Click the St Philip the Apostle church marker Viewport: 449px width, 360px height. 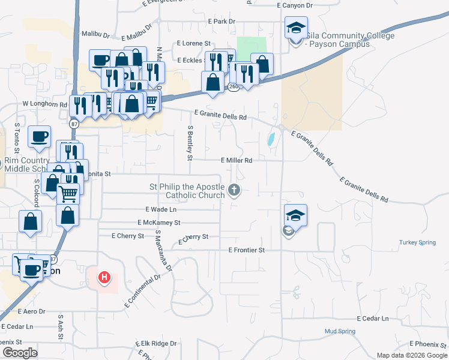pyautogui.click(x=234, y=191)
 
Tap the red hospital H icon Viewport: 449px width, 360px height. pyautogui.click(x=104, y=277)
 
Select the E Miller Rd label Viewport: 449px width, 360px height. pyautogui.click(x=236, y=160)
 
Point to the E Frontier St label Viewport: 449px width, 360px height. pyautogui.click(x=246, y=250)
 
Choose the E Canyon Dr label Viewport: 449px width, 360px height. pyautogui.click(x=295, y=5)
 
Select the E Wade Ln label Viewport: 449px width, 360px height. pyautogui.click(x=161, y=209)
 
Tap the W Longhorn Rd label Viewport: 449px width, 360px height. pyautogui.click(x=44, y=104)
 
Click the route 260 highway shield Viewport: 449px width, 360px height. pyautogui.click(x=232, y=87)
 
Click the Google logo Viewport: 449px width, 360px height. pyautogui.click(x=19, y=353)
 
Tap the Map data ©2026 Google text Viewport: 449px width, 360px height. pyautogui.click(x=411, y=355)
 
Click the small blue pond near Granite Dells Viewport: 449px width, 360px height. pyautogui.click(x=271, y=140)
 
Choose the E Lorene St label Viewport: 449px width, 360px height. pyautogui.click(x=194, y=44)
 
